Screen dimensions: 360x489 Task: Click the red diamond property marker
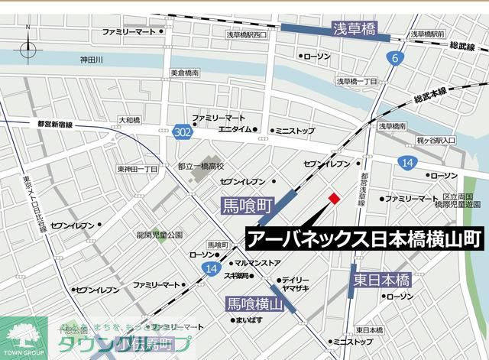(333, 199)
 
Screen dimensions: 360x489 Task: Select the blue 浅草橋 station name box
(354, 31)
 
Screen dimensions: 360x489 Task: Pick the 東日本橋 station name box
(382, 259)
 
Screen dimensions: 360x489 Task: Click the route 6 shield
(394, 58)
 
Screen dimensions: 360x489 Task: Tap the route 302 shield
(181, 131)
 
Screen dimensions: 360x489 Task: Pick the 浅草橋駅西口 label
(247, 35)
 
